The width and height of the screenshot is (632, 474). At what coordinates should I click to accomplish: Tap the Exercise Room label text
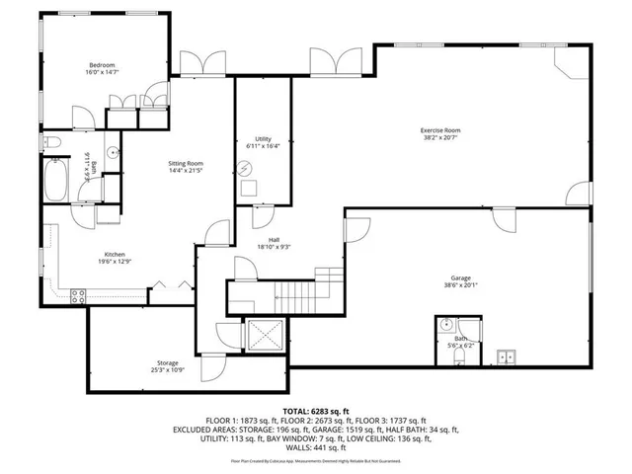439,130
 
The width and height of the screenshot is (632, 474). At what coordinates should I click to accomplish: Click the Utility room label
263,139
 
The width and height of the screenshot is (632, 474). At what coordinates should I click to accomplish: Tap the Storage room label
167,363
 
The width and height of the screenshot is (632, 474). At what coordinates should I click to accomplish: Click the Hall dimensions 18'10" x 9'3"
274,247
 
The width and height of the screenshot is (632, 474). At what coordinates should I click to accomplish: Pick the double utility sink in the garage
507,357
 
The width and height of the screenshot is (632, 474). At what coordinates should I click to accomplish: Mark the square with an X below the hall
264,337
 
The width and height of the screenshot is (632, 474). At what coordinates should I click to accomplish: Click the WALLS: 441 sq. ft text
315,449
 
